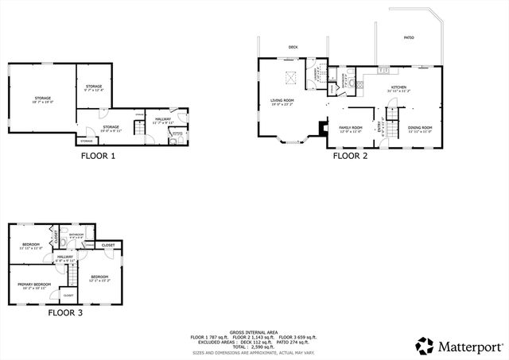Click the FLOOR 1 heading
[x=98, y=156]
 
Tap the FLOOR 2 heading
[x=350, y=156]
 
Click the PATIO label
[x=409, y=37]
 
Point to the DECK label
[x=293, y=47]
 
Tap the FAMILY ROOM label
[x=351, y=127]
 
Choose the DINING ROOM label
[x=420, y=127]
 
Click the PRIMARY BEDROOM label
[x=35, y=284]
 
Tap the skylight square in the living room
[x=291, y=79]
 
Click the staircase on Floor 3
[x=72, y=274]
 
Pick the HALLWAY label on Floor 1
[x=163, y=120]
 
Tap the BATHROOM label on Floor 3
[x=76, y=234]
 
